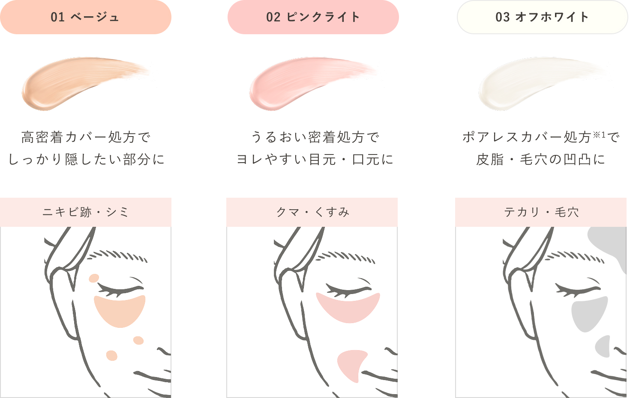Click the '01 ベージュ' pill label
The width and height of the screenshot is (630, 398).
(86, 17)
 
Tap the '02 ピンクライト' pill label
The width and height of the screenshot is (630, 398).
(313, 17)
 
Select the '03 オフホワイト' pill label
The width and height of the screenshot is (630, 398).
(542, 17)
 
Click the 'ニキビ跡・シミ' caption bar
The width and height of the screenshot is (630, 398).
(86, 212)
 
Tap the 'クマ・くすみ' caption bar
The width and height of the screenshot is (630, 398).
(312, 212)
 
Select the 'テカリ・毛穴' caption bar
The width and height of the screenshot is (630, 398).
(541, 212)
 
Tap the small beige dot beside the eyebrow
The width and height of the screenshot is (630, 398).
(94, 278)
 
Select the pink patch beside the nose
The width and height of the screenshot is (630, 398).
(351, 364)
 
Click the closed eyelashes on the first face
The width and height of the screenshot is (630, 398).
(120, 289)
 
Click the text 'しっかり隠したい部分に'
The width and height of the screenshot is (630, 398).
(86, 159)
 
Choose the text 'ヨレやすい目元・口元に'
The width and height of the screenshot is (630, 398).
(315, 159)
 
